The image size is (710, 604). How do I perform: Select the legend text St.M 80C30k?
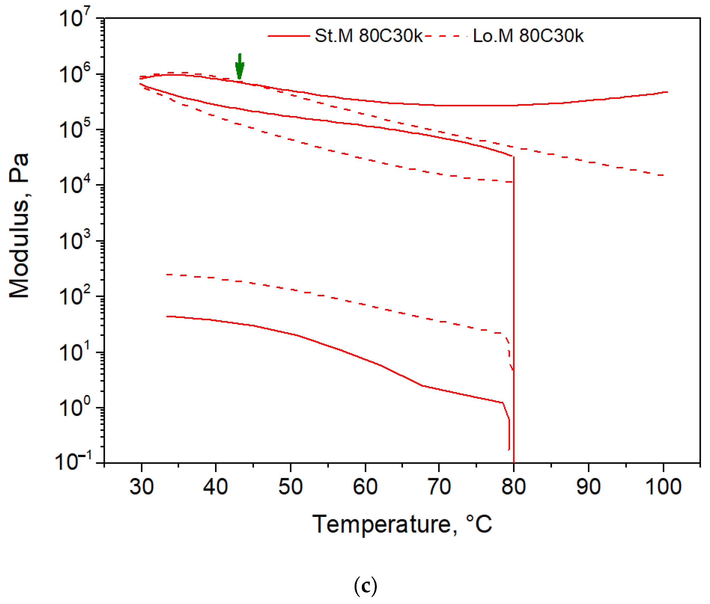click(x=368, y=36)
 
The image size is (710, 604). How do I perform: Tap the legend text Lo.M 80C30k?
click(x=528, y=36)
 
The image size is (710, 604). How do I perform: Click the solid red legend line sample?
click(x=288, y=36)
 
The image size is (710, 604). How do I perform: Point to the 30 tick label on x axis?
click(x=141, y=487)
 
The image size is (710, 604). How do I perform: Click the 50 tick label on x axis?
click(x=290, y=487)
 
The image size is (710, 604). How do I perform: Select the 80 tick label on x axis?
click(x=513, y=487)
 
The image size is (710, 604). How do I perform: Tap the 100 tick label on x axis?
click(x=663, y=487)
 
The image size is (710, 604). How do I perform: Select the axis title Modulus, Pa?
click(x=19, y=226)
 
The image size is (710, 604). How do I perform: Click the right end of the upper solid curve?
click(x=667, y=92)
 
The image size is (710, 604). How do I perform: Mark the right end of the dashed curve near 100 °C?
click(x=663, y=176)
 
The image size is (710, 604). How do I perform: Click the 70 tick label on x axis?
click(x=439, y=487)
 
